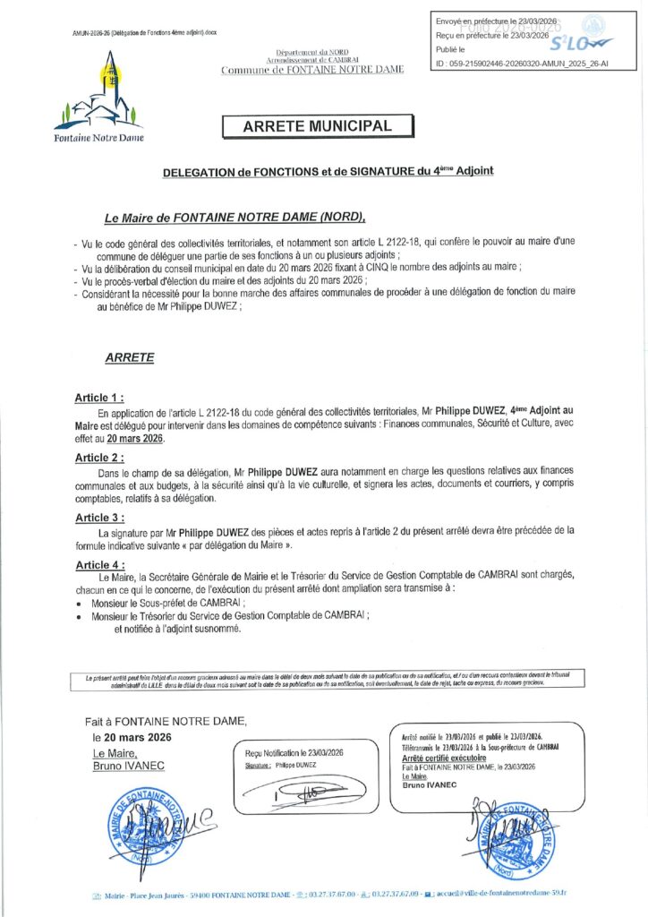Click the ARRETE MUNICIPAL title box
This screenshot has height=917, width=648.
tap(317, 127)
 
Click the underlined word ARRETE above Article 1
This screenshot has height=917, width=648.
tap(130, 357)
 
